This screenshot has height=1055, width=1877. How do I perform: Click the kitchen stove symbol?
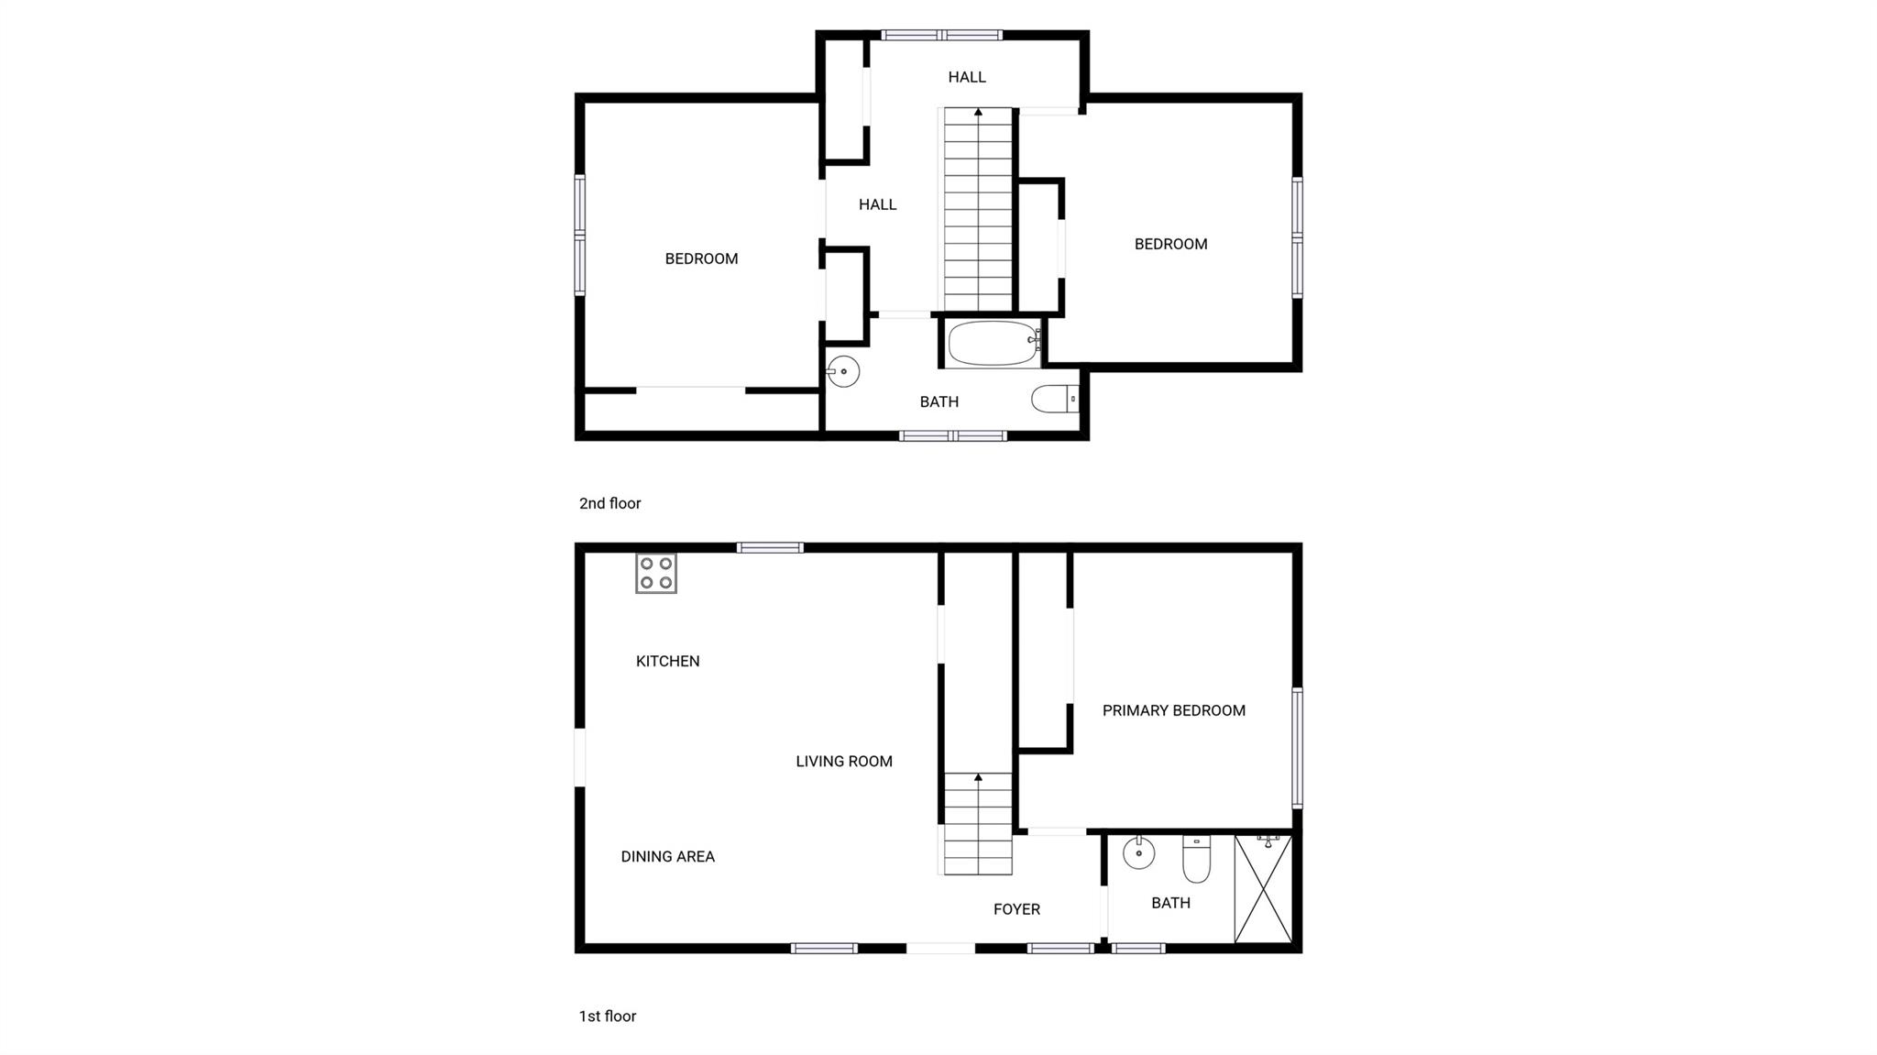(x=656, y=574)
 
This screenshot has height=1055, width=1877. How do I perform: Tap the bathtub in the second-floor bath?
(x=994, y=343)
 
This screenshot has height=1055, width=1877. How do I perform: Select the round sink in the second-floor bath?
(x=842, y=371)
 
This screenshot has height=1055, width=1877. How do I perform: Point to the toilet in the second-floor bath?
(x=1055, y=399)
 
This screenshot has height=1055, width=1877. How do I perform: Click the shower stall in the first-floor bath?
(x=1263, y=888)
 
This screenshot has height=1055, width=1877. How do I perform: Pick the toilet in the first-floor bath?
(x=1196, y=859)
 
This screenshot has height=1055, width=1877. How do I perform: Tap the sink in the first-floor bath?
(x=1138, y=852)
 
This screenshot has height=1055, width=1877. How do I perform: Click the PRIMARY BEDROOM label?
(x=1174, y=710)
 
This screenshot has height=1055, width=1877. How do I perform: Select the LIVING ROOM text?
(x=844, y=761)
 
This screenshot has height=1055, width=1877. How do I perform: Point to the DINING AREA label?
(x=668, y=856)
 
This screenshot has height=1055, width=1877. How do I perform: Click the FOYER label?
(x=1017, y=909)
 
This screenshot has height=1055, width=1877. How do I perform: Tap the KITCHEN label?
(x=668, y=661)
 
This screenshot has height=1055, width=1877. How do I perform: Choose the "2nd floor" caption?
(x=610, y=503)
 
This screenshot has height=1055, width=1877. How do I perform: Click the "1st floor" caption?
(x=608, y=1016)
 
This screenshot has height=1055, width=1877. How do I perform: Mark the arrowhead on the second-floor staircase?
(x=979, y=112)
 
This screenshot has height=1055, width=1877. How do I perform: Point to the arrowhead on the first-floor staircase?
(x=979, y=777)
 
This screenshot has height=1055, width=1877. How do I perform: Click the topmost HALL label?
(x=967, y=77)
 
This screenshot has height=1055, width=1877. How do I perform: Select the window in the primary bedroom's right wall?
(x=1297, y=747)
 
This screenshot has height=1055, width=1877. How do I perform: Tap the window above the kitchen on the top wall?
(x=770, y=548)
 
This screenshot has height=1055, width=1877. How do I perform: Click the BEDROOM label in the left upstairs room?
(x=701, y=258)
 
